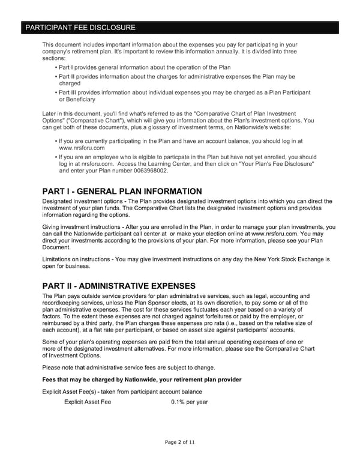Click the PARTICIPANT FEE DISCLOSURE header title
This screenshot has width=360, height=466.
(x=79, y=28)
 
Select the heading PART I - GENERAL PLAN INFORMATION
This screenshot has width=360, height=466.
(x=122, y=192)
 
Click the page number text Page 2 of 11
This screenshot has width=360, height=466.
(x=179, y=442)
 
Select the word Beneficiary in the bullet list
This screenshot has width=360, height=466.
(x=77, y=99)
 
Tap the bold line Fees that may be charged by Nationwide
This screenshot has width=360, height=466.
(x=142, y=380)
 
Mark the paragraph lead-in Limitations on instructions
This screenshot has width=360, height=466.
(x=78, y=259)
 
